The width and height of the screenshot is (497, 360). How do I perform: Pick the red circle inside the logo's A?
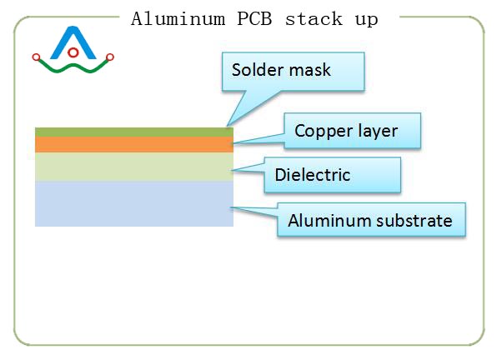(73, 52)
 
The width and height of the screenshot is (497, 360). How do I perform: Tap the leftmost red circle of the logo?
(36, 57)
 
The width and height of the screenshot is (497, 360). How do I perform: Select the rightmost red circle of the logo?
(110, 57)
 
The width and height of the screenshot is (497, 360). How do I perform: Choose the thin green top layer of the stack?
(133, 132)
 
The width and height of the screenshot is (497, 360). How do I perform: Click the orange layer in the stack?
(133, 144)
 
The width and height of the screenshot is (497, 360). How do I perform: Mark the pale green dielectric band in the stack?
(133, 167)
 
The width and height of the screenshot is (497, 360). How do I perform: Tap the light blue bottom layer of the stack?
(133, 203)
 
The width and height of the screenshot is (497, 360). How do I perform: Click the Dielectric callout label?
(313, 176)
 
